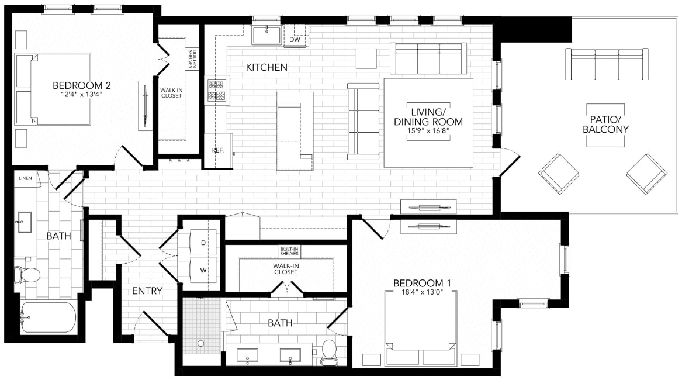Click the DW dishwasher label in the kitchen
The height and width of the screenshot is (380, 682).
pos(295,40)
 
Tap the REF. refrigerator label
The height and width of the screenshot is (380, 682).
pos(218,150)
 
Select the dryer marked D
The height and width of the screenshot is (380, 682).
pos(203,241)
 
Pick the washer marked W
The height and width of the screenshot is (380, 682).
pos(203,270)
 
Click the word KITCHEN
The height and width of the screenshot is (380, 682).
pos(266,68)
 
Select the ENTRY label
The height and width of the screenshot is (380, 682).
pos(147,291)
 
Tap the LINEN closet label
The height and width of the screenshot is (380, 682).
pos(25,178)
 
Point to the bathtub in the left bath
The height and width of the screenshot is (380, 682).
pos(48,317)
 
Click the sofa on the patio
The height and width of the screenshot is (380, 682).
pos(606,64)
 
